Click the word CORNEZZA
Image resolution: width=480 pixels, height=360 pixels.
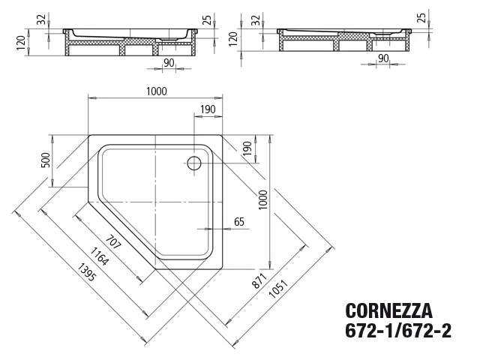[388, 310]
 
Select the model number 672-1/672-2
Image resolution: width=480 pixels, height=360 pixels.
[398, 330]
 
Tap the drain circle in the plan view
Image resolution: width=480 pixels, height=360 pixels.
[194, 163]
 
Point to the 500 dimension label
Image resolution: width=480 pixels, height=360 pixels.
[45, 160]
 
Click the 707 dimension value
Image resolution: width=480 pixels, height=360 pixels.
[113, 242]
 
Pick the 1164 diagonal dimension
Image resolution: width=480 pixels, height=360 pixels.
[99, 256]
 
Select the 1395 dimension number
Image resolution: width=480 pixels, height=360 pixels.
[87, 272]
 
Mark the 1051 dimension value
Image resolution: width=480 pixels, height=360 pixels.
[278, 289]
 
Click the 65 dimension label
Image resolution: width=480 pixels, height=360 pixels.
[239, 222]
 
